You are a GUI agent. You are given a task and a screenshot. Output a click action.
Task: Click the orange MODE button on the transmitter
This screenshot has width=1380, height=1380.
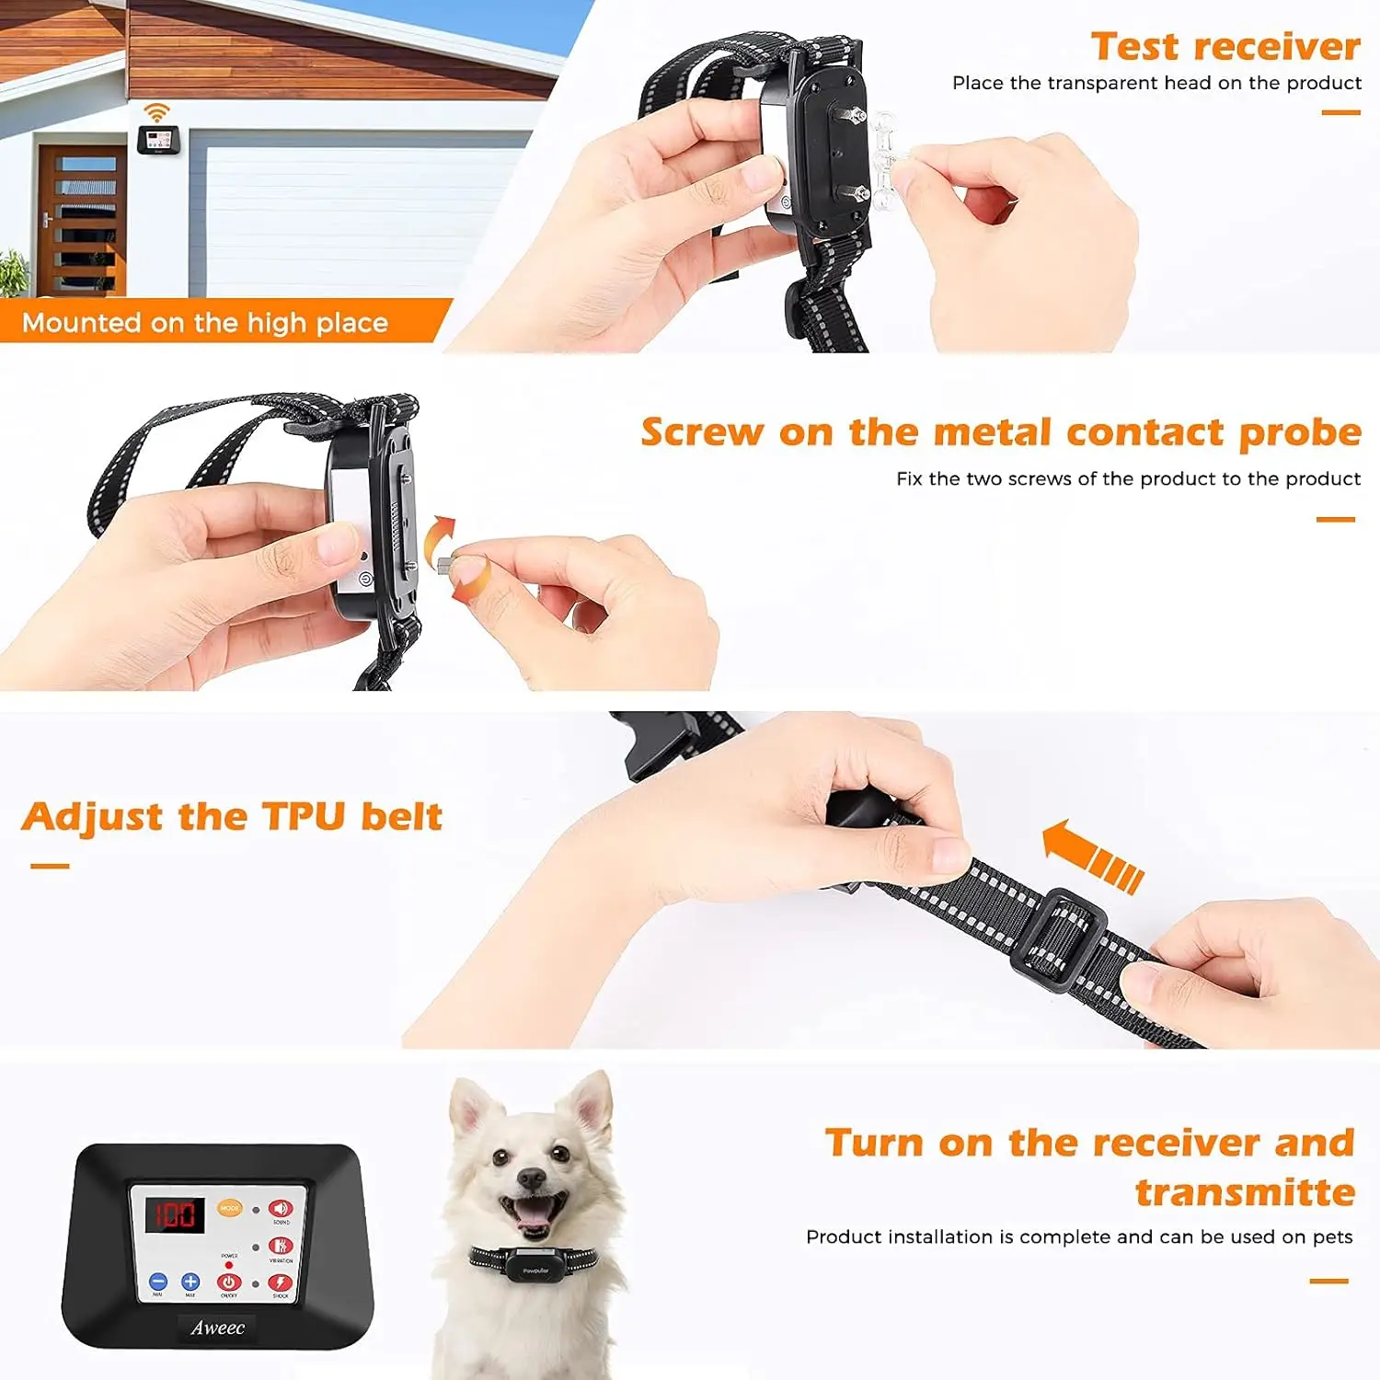click(x=229, y=1208)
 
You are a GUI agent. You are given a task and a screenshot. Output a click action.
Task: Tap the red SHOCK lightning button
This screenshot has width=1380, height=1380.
click(x=280, y=1282)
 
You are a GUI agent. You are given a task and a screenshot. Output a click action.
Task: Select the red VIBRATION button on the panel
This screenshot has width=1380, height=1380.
click(x=280, y=1246)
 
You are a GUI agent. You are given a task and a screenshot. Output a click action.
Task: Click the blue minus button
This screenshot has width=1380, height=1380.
click(x=158, y=1282)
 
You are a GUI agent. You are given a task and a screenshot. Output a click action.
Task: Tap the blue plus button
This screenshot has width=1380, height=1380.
click(x=190, y=1282)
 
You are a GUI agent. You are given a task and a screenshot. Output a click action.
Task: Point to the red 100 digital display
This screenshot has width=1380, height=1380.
click(x=175, y=1214)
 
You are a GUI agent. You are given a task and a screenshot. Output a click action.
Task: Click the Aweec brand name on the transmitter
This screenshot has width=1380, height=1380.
click(x=217, y=1328)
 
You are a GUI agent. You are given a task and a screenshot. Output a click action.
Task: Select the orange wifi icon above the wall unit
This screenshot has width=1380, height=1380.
click(x=157, y=112)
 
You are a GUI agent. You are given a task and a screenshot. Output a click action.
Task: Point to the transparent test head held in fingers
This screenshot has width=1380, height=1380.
click(x=885, y=164)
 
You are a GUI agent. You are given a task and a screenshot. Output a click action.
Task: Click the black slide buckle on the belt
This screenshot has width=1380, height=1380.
click(x=1058, y=939)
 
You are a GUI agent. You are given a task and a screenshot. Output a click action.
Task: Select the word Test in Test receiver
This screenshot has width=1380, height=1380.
click(x=1133, y=46)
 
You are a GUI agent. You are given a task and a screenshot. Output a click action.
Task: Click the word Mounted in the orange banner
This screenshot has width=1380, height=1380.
click(x=81, y=323)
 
